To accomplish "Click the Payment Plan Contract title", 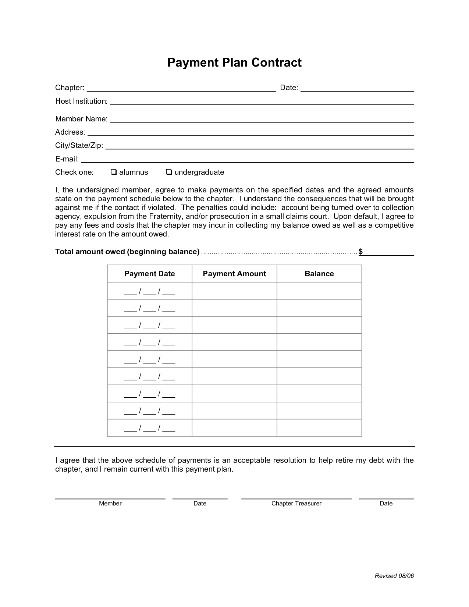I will pyautogui.click(x=234, y=63).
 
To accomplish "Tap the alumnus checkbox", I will pyautogui.click(x=114, y=172).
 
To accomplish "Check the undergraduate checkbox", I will pyautogui.click(x=169, y=172).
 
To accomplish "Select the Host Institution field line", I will pyautogui.click(x=262, y=102).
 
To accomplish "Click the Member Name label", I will pyautogui.click(x=81, y=119).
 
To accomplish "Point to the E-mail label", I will pyautogui.click(x=67, y=159).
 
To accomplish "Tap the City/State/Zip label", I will pyautogui.click(x=79, y=145).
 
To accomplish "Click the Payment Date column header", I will pyautogui.click(x=150, y=274).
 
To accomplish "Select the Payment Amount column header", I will pyautogui.click(x=234, y=274).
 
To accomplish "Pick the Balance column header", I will pyautogui.click(x=319, y=274).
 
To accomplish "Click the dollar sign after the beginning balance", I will pyautogui.click(x=361, y=252).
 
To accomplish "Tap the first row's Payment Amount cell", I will pyautogui.click(x=234, y=291).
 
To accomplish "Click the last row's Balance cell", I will pyautogui.click(x=319, y=428).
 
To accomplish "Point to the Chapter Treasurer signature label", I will pyautogui.click(x=296, y=503).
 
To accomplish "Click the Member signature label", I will pyautogui.click(x=110, y=503).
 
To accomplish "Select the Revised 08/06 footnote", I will pyautogui.click(x=394, y=576).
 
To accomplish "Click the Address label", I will pyautogui.click(x=70, y=132).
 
